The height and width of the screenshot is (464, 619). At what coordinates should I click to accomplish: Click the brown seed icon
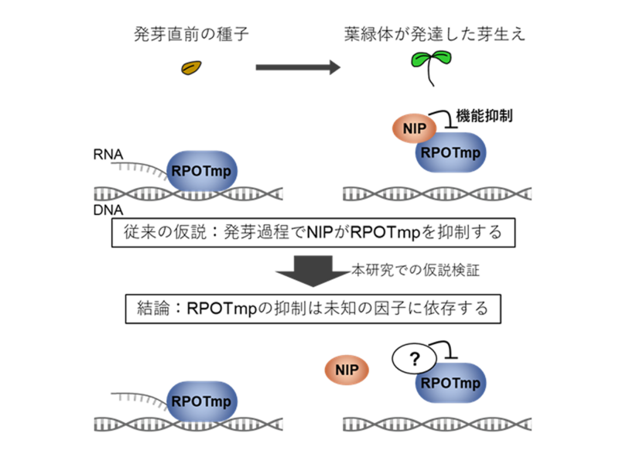click(190, 68)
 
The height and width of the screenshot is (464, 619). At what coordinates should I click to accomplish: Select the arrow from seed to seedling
click(297, 68)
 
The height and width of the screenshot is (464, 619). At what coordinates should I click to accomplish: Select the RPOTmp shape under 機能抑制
click(451, 153)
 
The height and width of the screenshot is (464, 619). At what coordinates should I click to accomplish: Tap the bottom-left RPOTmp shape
click(203, 402)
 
